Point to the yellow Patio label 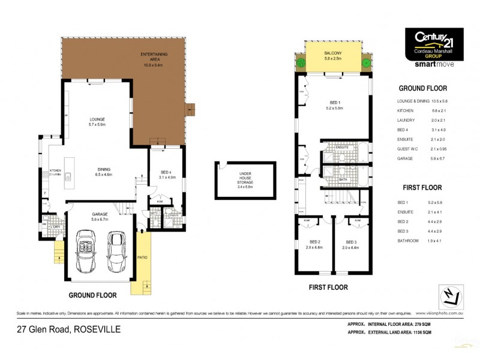coord(143,257)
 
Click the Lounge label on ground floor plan coord(97,121)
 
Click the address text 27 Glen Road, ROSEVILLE coord(68,329)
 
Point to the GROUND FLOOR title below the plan coord(92,295)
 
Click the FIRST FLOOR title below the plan coord(328,287)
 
